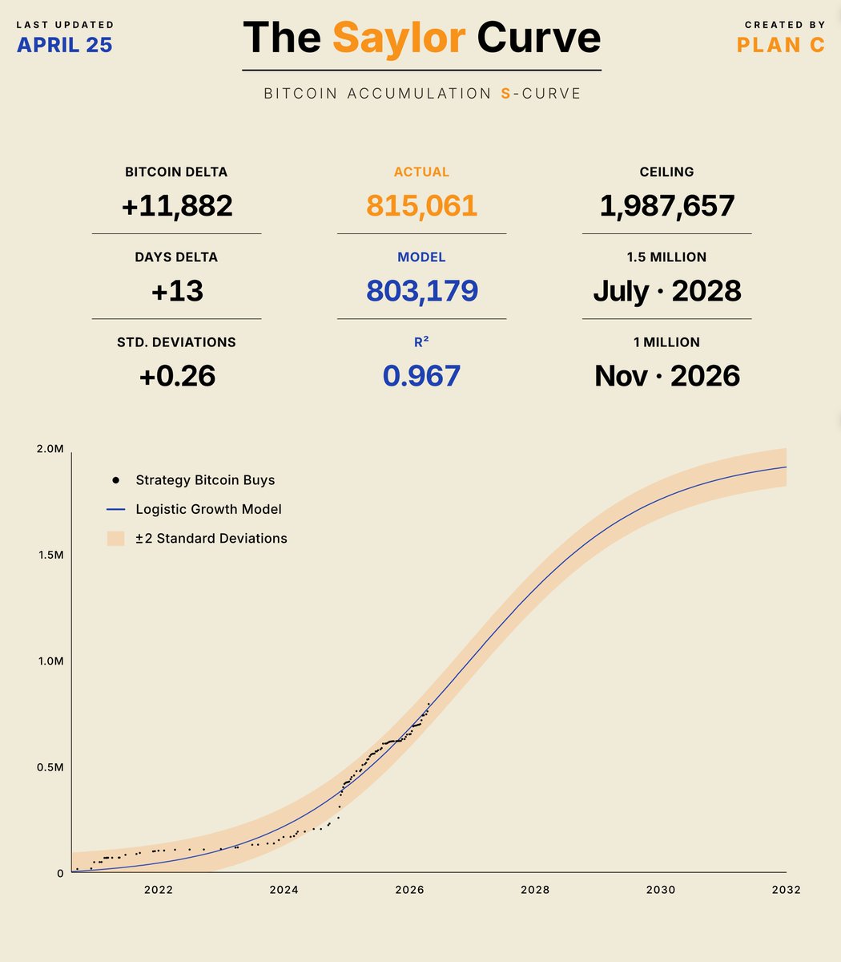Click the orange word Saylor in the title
pyautogui.click(x=399, y=38)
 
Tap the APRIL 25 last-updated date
pyautogui.click(x=65, y=45)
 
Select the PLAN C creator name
pyautogui.click(x=781, y=45)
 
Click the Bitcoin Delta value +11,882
pyautogui.click(x=177, y=206)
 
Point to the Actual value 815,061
pyautogui.click(x=422, y=206)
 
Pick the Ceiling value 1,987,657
pyautogui.click(x=667, y=206)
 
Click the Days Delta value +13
pyautogui.click(x=177, y=291)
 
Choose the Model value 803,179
pyautogui.click(x=422, y=291)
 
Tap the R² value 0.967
pyautogui.click(x=422, y=376)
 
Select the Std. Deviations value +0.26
pyautogui.click(x=177, y=376)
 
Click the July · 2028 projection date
pyautogui.click(x=667, y=291)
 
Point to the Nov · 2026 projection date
pyautogui.click(x=667, y=376)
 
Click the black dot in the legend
pyautogui.click(x=116, y=480)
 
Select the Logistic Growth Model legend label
pyautogui.click(x=208, y=509)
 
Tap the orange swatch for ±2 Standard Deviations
pyautogui.click(x=116, y=539)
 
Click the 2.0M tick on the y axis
pyautogui.click(x=50, y=449)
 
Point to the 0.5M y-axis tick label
pyautogui.click(x=50, y=767)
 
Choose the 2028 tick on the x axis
pyautogui.click(x=535, y=890)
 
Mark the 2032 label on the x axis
pyautogui.click(x=787, y=890)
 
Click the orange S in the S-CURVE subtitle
pyautogui.click(x=505, y=94)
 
